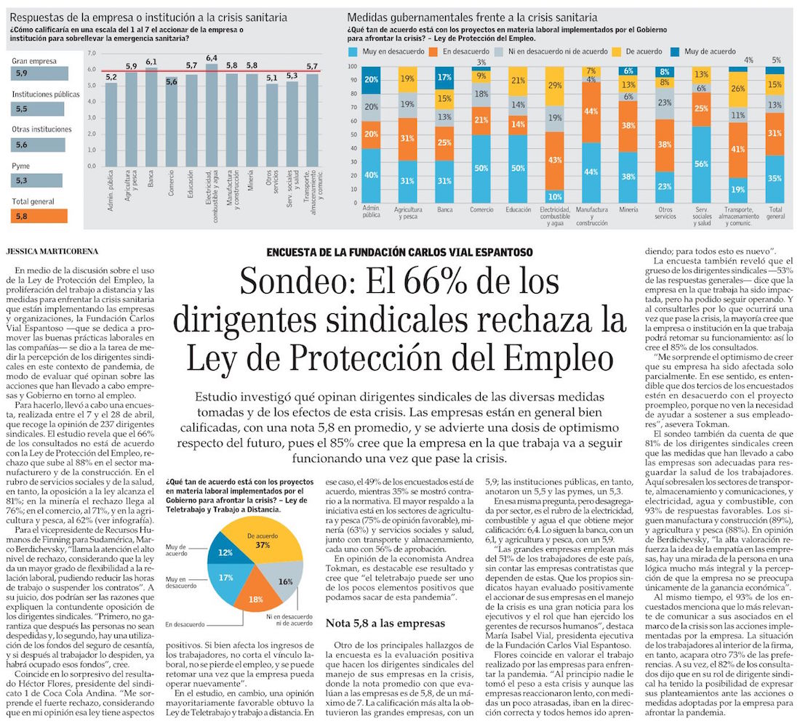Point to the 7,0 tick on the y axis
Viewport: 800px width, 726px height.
(x=91, y=53)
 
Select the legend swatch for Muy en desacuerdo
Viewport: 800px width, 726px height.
(x=354, y=52)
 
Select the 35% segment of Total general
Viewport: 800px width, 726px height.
(x=775, y=177)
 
